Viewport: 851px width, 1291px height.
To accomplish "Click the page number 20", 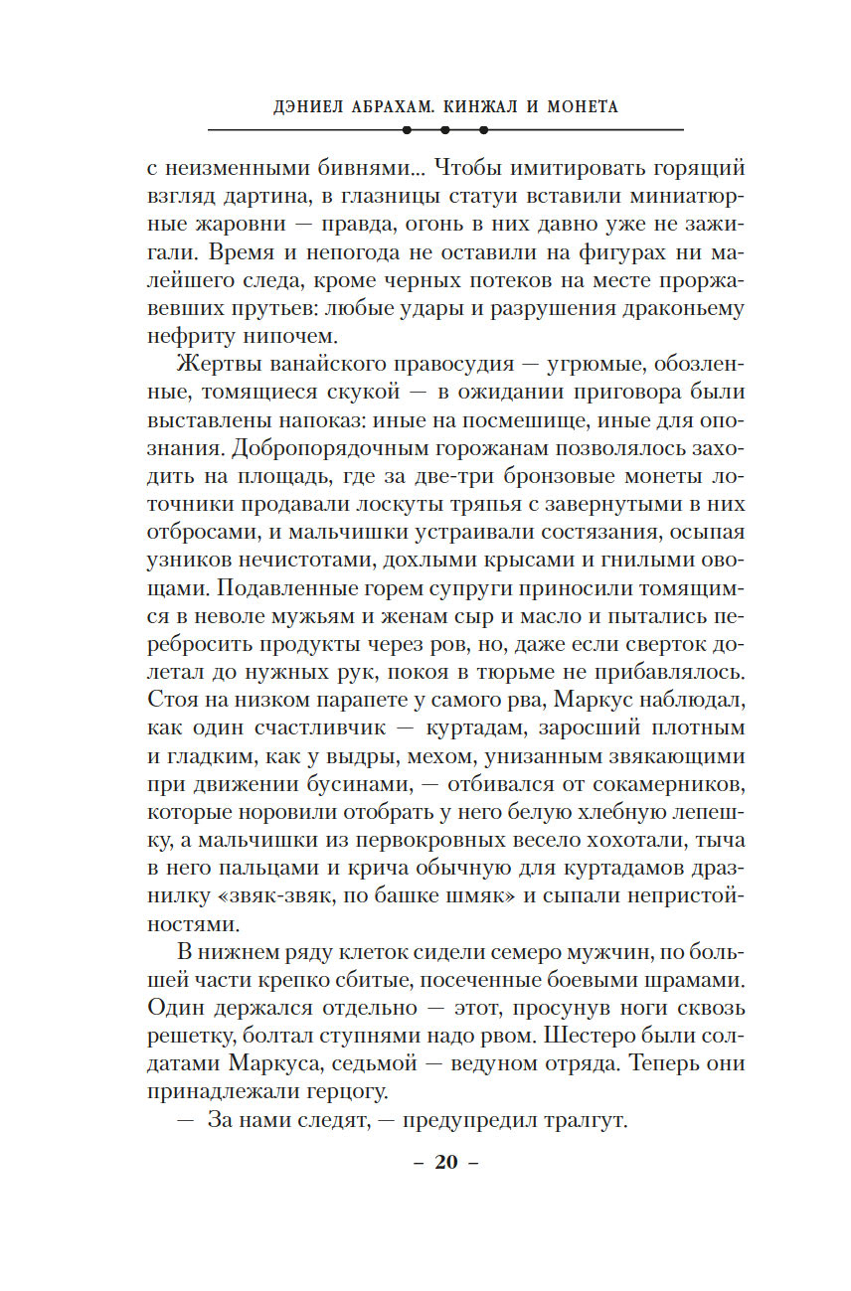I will [445, 1163].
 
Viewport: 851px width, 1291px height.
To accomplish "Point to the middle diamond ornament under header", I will [445, 130].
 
